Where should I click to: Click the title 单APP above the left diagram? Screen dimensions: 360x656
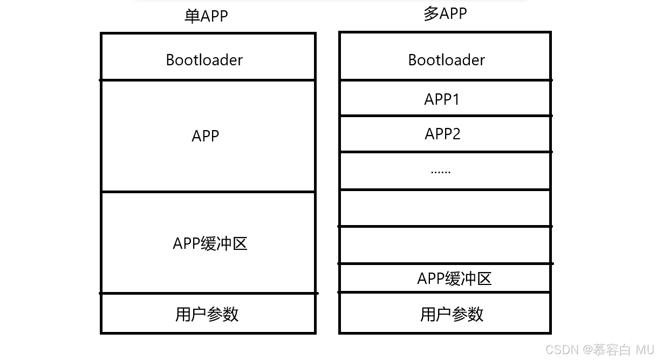[206, 16]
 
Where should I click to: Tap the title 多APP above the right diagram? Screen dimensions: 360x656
[445, 13]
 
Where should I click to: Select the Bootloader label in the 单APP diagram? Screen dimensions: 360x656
[204, 60]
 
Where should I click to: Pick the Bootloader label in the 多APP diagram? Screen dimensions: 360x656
[446, 60]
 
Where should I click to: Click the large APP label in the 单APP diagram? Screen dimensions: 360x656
[205, 136]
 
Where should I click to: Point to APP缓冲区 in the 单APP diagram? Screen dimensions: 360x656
[210, 243]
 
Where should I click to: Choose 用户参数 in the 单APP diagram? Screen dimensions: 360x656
[207, 314]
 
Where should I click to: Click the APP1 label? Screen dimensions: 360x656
[442, 99]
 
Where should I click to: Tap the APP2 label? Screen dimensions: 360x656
[442, 134]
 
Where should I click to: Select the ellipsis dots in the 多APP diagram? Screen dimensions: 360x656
[441, 172]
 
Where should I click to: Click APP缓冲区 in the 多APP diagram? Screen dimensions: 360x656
[454, 279]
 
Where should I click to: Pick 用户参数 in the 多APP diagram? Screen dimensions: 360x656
[452, 314]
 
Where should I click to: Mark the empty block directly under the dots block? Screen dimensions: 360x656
[445, 208]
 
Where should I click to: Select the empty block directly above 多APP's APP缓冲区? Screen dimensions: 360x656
[445, 245]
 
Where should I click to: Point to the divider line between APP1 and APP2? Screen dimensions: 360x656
[445, 116]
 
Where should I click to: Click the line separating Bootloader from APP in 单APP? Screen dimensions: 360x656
[208, 80]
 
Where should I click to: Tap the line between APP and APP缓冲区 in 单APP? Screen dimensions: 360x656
[208, 192]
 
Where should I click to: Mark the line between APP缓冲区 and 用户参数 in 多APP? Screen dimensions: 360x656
[445, 292]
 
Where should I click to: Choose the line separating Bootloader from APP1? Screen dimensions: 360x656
[445, 80]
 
